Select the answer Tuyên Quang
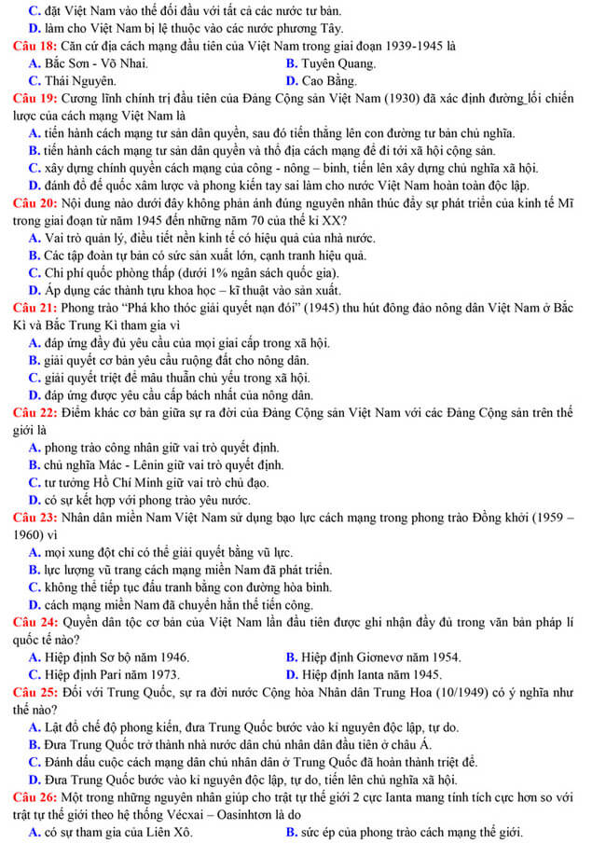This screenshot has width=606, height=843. coord(337,63)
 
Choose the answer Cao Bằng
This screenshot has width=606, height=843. coord(327,80)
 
